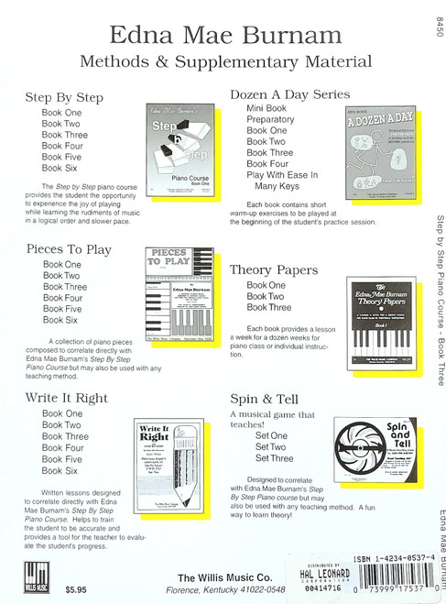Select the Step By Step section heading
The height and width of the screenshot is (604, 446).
click(64, 97)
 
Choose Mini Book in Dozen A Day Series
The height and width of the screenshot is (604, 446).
click(267, 108)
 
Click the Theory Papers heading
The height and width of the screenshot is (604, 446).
click(274, 269)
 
